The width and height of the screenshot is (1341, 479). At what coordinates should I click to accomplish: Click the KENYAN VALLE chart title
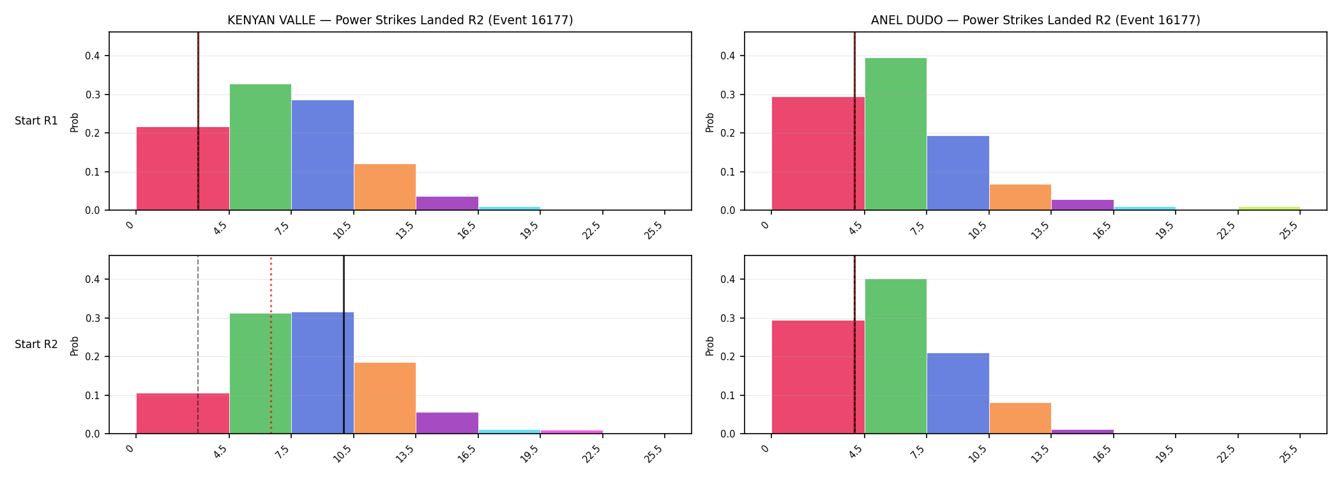(x=400, y=20)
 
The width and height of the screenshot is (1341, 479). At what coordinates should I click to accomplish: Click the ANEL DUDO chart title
(x=1036, y=20)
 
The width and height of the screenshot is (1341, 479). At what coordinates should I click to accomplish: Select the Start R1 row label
(x=36, y=121)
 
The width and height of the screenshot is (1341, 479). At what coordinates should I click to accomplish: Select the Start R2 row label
(x=36, y=344)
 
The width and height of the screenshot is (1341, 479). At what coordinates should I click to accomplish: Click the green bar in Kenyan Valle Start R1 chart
(x=261, y=147)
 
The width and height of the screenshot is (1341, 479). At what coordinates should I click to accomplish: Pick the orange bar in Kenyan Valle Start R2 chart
(x=385, y=398)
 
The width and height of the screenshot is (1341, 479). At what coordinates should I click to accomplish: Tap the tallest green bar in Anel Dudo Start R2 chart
(x=896, y=356)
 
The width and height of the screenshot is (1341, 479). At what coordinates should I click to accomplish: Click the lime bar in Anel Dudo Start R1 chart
(x=1269, y=208)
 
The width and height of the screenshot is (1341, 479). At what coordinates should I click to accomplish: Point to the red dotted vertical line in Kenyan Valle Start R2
(x=271, y=345)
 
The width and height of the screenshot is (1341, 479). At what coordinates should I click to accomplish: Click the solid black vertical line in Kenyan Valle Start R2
(x=344, y=345)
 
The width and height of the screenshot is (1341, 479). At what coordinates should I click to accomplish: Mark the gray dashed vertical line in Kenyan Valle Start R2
(x=198, y=345)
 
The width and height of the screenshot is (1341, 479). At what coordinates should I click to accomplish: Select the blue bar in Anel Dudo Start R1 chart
(x=958, y=173)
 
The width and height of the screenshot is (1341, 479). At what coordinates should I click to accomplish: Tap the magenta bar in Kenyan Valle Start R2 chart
(x=572, y=432)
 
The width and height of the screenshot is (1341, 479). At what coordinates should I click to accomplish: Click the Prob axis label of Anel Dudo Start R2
(x=710, y=346)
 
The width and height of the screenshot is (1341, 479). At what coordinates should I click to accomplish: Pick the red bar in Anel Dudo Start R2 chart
(x=818, y=377)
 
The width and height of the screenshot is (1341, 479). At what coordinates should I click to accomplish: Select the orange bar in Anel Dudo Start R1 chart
(x=1020, y=197)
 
